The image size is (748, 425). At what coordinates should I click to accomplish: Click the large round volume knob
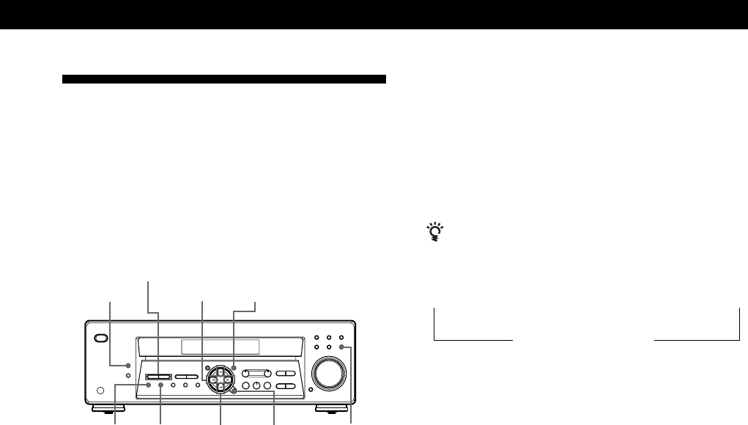click(x=327, y=373)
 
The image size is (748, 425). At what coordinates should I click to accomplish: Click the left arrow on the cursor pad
click(x=212, y=380)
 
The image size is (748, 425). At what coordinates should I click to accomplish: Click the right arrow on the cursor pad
click(x=227, y=380)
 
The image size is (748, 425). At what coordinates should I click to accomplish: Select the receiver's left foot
click(x=108, y=407)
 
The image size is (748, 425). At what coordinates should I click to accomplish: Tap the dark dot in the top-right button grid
click(x=342, y=348)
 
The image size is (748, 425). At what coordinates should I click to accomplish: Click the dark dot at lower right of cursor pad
click(x=234, y=392)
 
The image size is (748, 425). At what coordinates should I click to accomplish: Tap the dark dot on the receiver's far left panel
click(x=127, y=364)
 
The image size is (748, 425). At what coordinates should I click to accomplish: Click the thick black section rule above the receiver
click(x=223, y=78)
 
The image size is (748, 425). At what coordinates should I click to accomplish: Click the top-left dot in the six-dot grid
click(x=316, y=338)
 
